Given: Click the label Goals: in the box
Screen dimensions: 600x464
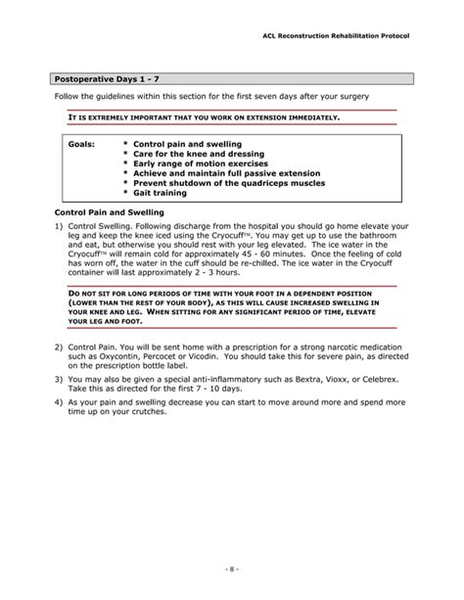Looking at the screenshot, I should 82,144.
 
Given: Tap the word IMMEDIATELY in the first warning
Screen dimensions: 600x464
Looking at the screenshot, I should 309,118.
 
